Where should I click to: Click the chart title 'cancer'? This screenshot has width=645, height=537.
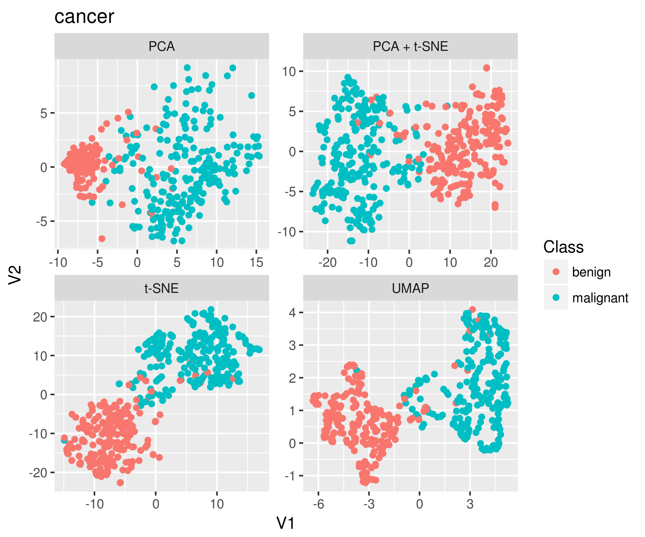(84, 16)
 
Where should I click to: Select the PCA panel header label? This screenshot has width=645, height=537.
(162, 47)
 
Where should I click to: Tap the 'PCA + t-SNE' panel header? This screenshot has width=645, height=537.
(410, 47)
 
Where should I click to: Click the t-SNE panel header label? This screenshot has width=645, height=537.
(162, 288)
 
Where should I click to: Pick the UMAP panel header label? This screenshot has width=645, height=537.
(410, 288)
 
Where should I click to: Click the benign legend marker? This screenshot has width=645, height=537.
(556, 272)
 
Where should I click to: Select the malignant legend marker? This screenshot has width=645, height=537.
(556, 297)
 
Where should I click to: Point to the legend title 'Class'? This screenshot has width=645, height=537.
(563, 247)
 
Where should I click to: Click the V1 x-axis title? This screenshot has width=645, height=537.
(286, 523)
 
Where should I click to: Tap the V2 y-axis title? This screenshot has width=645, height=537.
(15, 275)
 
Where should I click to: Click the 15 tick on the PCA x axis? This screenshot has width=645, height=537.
(256, 262)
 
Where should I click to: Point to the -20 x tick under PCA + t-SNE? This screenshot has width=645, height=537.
(327, 262)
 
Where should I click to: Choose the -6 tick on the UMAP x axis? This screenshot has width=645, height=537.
(318, 504)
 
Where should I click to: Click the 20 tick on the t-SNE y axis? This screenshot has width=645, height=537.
(40, 317)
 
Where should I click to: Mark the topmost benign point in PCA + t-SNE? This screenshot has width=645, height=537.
(486, 68)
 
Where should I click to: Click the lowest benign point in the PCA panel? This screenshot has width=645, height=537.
(102, 238)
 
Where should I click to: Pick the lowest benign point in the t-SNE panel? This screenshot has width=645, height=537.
(120, 483)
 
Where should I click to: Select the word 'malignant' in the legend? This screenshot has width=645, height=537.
(600, 298)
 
